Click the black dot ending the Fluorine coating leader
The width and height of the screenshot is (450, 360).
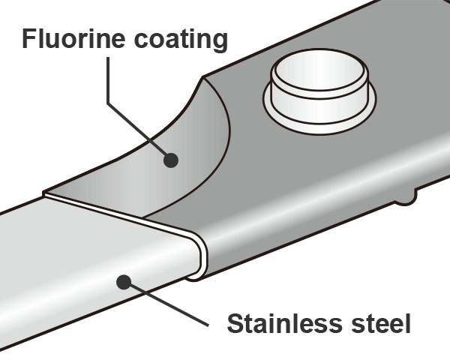171,159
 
